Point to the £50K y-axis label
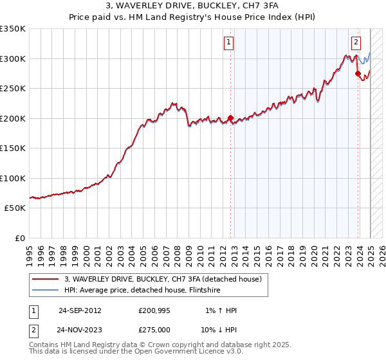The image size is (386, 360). (x=14, y=208)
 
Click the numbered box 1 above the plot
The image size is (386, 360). (x=229, y=43)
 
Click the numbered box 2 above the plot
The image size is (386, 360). (x=356, y=43)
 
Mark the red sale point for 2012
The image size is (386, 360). (x=230, y=118)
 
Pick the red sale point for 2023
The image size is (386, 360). (x=358, y=73)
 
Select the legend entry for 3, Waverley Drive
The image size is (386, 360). (x=163, y=279)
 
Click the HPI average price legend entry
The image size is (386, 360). (x=142, y=290)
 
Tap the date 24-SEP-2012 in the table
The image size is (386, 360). (x=80, y=310)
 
